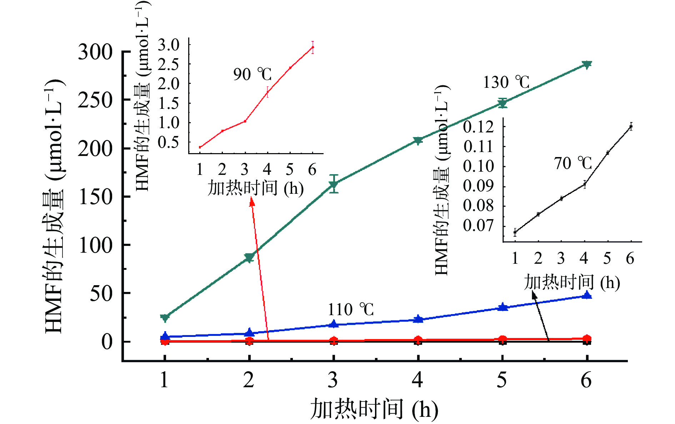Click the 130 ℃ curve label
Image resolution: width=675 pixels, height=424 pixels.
click(x=506, y=82)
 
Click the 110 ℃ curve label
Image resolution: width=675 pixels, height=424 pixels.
click(x=351, y=309)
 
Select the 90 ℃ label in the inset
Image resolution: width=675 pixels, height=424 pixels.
click(x=252, y=74)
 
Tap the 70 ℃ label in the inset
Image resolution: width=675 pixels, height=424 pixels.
click(x=573, y=163)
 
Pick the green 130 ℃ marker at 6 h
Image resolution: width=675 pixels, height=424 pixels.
click(x=587, y=65)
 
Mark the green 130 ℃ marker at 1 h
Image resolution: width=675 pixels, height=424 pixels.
click(x=165, y=317)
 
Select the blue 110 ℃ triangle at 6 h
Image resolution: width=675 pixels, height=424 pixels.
click(x=587, y=295)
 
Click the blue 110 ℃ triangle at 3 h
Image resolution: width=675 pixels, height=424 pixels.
click(x=334, y=324)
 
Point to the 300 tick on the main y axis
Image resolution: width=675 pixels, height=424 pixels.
click(x=95, y=52)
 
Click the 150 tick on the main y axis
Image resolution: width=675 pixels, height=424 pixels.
click(x=95, y=197)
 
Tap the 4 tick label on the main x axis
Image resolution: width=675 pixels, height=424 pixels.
click(x=417, y=380)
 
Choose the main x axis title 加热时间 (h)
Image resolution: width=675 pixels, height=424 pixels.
click(x=374, y=409)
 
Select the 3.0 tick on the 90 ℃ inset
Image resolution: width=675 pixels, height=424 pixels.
click(x=169, y=45)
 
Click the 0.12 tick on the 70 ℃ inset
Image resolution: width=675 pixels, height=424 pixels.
click(x=479, y=127)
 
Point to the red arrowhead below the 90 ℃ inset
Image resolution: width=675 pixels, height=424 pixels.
click(x=252, y=202)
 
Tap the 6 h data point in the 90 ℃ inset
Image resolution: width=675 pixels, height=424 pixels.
click(x=313, y=47)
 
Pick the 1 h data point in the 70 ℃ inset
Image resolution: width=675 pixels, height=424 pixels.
click(x=515, y=232)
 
